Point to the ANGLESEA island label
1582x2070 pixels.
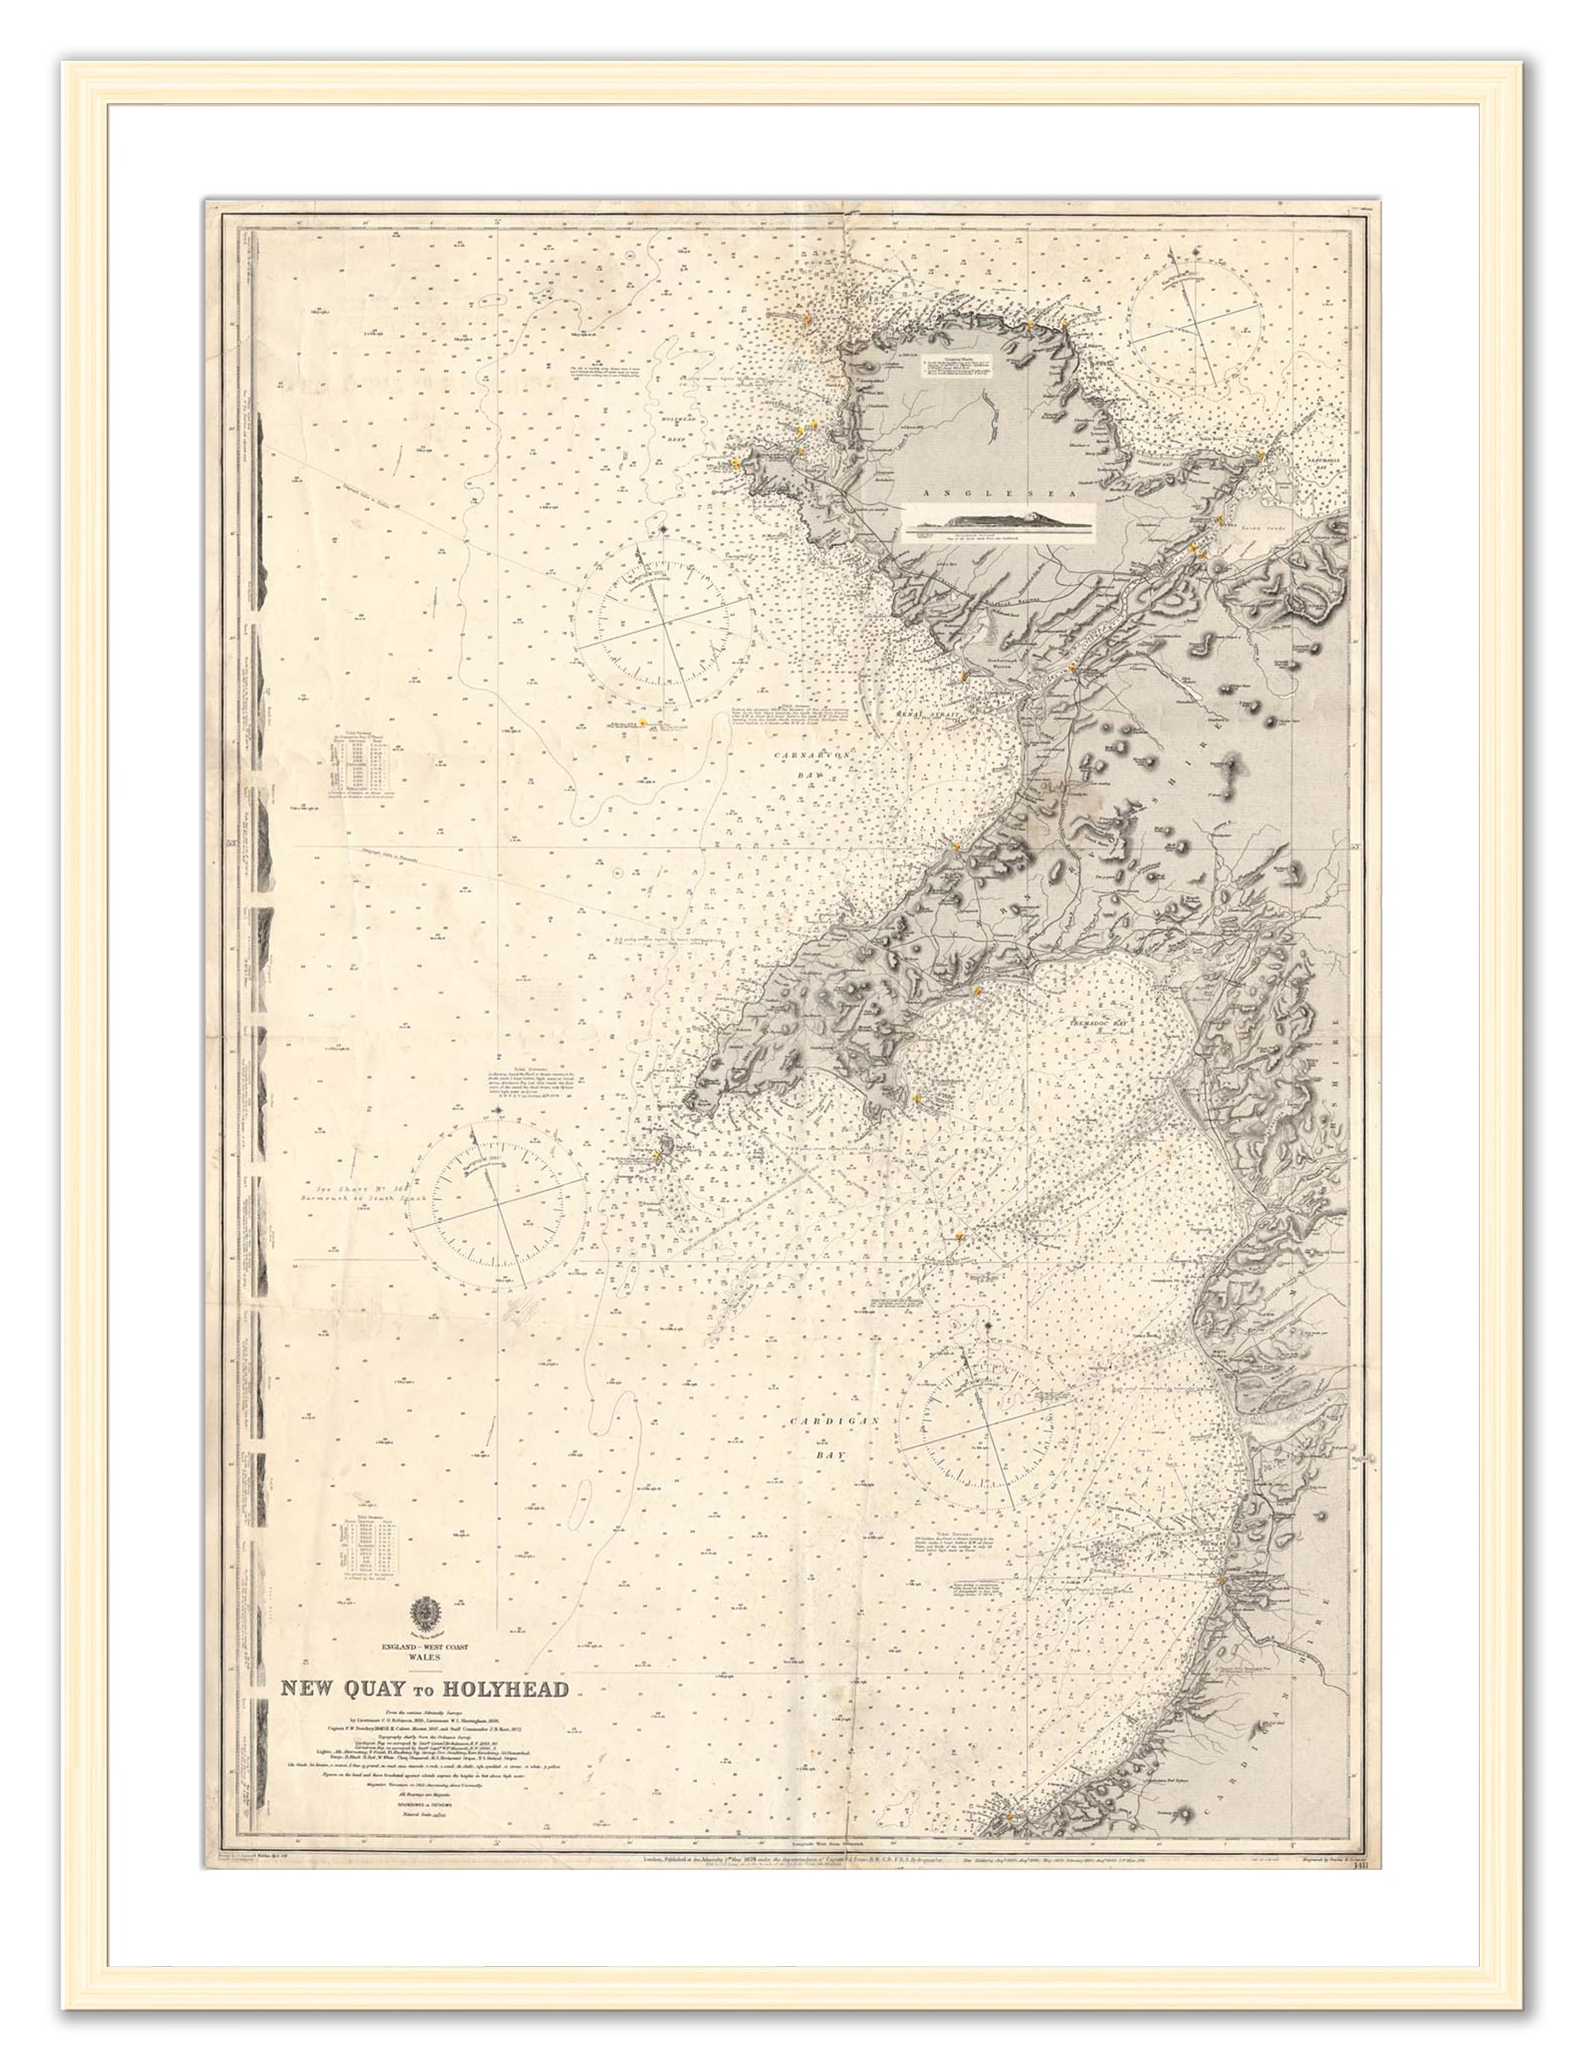click(x=969, y=493)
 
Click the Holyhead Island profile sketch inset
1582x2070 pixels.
click(x=998, y=522)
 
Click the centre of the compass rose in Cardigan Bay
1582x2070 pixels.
click(x=989, y=1438)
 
